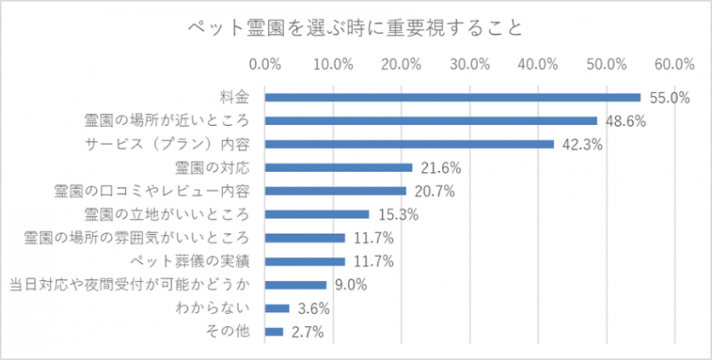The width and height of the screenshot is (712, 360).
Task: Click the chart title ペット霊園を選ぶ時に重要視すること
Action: coord(355,27)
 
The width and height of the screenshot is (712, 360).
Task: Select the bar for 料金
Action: coord(453,97)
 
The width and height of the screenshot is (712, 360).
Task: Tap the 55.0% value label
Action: coord(669,98)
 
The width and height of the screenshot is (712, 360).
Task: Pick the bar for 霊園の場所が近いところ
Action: coord(431,121)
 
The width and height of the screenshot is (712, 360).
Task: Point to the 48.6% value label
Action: coord(625,122)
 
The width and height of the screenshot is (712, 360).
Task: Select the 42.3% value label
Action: coord(582,145)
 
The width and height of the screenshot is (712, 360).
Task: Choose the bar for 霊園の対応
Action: coord(339,168)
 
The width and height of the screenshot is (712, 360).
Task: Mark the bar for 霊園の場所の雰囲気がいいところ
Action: coord(305,237)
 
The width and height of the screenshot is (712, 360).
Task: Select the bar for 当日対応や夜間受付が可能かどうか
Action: coord(296,284)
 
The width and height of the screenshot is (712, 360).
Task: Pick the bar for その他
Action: coord(275,331)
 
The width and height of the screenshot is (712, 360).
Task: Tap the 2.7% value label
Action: coord(307,332)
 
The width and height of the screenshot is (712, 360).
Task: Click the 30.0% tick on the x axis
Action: coord(470,63)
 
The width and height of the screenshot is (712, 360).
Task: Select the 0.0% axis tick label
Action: coord(265,63)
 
